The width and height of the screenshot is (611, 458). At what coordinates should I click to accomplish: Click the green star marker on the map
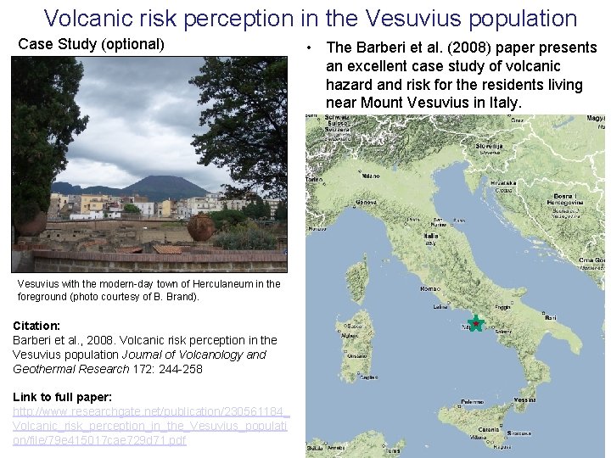pos(476,323)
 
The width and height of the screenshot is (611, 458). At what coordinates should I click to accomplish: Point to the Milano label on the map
pos(371,176)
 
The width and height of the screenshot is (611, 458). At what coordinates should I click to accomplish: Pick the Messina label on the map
pos(524,399)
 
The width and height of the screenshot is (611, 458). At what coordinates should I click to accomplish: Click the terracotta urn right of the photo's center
pos(201,227)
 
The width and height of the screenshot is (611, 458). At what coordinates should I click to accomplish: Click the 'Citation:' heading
pos(36,326)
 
